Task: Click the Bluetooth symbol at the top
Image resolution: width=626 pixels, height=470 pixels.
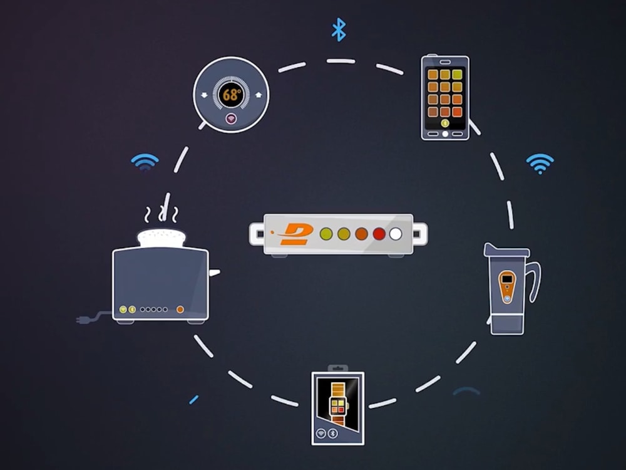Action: pyautogui.click(x=339, y=29)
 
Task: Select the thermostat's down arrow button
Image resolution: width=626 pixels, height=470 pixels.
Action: pyautogui.click(x=205, y=95)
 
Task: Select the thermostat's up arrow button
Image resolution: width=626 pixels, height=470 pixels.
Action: pyautogui.click(x=259, y=95)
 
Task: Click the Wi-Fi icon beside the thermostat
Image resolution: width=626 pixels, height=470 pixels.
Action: pyautogui.click(x=145, y=162)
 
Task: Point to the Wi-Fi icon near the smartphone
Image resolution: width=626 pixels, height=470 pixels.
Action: pyautogui.click(x=540, y=164)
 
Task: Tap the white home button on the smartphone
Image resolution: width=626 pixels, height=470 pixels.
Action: pyautogui.click(x=445, y=134)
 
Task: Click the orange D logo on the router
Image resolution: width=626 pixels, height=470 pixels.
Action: pyautogui.click(x=294, y=234)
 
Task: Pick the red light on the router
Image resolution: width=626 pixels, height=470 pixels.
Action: pyautogui.click(x=379, y=234)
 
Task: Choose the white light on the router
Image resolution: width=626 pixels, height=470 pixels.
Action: pyautogui.click(x=396, y=234)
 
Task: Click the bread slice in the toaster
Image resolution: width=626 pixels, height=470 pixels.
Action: pyautogui.click(x=162, y=238)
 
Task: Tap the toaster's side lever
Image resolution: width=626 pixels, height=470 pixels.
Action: pyautogui.click(x=214, y=273)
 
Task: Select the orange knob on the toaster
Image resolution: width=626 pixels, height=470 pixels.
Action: pyautogui.click(x=180, y=310)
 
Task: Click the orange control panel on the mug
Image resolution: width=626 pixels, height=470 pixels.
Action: pyautogui.click(x=507, y=286)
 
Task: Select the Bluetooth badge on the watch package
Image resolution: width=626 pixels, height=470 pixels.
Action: pyautogui.click(x=332, y=433)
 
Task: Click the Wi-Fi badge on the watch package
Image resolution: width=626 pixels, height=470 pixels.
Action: pyautogui.click(x=321, y=433)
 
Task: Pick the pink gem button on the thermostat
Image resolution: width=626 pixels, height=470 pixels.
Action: pyautogui.click(x=231, y=118)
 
